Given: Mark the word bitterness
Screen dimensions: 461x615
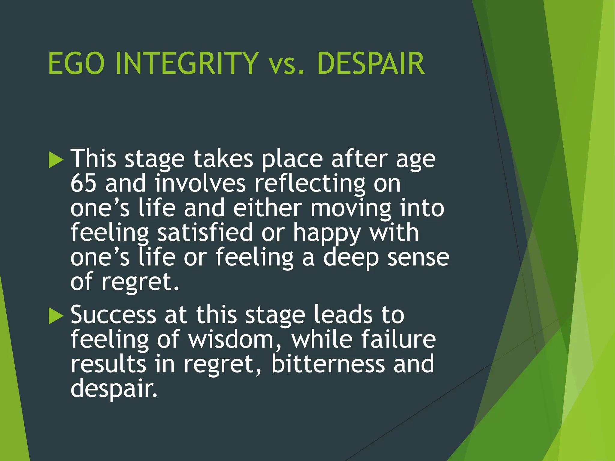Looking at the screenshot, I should [x=328, y=364].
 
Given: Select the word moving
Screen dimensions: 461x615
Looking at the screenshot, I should [x=351, y=208].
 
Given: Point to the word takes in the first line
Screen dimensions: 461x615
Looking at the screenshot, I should [x=223, y=159].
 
